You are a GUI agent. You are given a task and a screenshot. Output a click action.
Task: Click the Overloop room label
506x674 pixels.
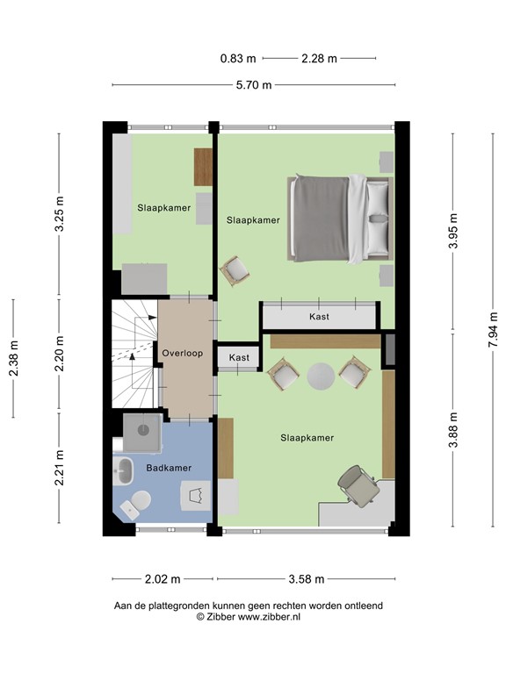coord(182,354)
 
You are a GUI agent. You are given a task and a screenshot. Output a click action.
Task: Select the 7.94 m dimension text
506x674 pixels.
coord(494,332)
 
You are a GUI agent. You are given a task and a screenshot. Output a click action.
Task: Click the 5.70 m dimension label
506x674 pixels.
coord(252,85)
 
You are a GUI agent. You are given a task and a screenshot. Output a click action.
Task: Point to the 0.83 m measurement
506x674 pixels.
coord(237,59)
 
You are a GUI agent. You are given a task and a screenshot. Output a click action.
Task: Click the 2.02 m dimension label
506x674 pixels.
coord(162,579)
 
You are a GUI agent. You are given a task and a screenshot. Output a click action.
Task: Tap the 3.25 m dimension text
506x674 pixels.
coord(60,213)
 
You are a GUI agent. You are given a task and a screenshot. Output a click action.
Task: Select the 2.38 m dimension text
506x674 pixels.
coord(14,359)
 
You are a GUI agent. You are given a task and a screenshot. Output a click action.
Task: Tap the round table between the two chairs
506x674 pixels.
coord(322,376)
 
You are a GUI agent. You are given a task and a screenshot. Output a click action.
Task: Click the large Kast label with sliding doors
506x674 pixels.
coord(319,317)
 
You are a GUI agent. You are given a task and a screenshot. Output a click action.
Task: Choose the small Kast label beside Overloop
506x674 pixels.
coord(238,358)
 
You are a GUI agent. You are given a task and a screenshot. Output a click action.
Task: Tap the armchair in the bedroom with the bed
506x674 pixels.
coord(235,270)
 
